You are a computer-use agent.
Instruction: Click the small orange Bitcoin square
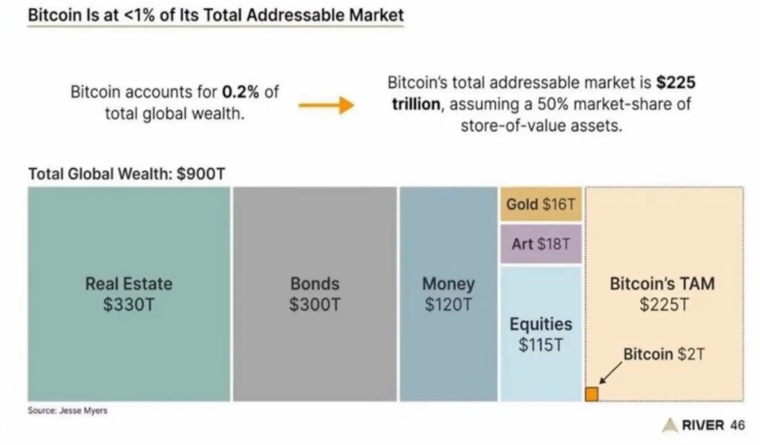pyautogui.click(x=591, y=394)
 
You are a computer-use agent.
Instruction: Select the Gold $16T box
pyautogui.click(x=541, y=204)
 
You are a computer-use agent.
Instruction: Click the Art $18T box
pyautogui.click(x=541, y=244)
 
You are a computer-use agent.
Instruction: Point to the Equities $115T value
pyautogui.click(x=541, y=345)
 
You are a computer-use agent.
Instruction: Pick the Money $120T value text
pyautogui.click(x=448, y=304)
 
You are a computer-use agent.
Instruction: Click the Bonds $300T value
pyautogui.click(x=315, y=304)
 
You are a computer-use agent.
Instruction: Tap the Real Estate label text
pyautogui.click(x=129, y=284)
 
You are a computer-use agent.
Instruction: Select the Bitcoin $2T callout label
pyautogui.click(x=664, y=354)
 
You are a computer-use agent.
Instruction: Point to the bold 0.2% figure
pyautogui.click(x=240, y=92)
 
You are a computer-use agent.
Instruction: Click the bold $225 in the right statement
pyautogui.click(x=676, y=82)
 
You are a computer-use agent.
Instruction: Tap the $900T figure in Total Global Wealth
pyautogui.click(x=201, y=174)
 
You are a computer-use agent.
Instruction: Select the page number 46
pyautogui.click(x=737, y=425)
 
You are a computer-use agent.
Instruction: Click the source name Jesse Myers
pyautogui.click(x=83, y=411)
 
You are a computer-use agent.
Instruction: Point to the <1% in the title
pyautogui.click(x=139, y=15)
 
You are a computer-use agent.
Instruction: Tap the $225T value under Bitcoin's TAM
pyautogui.click(x=664, y=304)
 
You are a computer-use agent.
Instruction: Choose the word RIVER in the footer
pyautogui.click(x=703, y=425)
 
